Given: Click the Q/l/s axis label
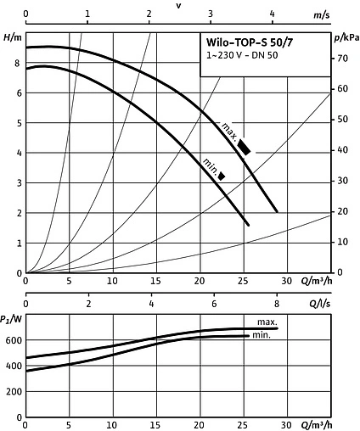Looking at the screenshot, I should [319, 303].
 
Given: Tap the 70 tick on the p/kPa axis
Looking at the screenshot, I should [339, 59].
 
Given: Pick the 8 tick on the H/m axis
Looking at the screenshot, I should [17, 63].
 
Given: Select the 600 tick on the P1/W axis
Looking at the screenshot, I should [12, 339].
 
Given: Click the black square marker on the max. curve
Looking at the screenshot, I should [244, 147].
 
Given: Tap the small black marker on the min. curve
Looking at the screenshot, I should [222, 176].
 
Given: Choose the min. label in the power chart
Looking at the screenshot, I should [262, 336].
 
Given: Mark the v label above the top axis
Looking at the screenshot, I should [178, 5].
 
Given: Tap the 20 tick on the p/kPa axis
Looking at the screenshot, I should [339, 211].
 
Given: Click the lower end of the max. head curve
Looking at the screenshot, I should [277, 211].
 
